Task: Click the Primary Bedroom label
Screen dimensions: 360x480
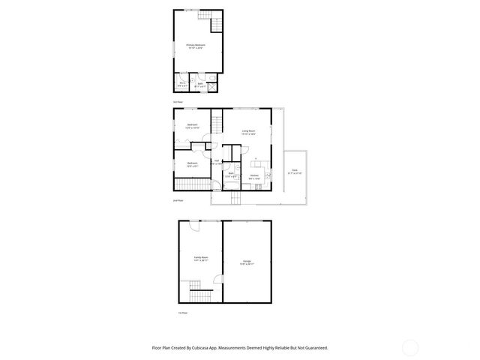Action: click(196, 46)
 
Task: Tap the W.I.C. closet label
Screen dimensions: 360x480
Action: click(182, 84)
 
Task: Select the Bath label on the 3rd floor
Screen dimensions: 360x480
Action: click(200, 84)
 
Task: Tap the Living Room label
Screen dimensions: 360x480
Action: click(248, 132)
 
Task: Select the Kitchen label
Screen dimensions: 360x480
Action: click(255, 177)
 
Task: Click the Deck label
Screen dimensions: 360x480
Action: click(295, 172)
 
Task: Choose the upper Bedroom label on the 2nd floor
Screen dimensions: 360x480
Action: click(192, 126)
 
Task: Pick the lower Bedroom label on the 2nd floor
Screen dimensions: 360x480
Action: click(192, 164)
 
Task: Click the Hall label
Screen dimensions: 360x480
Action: click(216, 162)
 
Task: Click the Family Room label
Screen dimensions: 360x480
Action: click(201, 259)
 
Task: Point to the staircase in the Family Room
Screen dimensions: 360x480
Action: click(196, 286)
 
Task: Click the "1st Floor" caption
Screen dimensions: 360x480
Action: click(182, 311)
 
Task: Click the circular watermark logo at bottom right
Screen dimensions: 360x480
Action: click(411, 346)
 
